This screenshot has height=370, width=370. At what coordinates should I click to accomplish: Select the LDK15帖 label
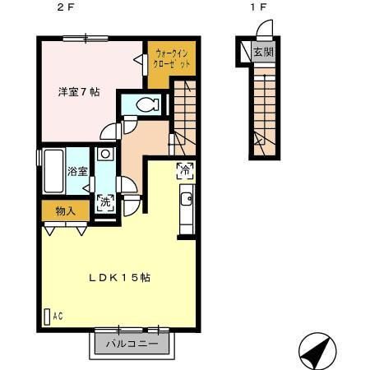(119, 277)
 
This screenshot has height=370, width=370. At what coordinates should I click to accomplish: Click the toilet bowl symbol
(146, 105)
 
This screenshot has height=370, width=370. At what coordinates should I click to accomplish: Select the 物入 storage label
(66, 211)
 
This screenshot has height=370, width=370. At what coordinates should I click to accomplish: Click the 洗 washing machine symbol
(104, 203)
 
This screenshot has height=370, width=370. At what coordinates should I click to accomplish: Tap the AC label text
(58, 315)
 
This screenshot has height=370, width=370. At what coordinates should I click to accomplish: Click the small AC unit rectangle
(46, 315)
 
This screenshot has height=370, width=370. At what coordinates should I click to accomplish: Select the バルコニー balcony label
(132, 344)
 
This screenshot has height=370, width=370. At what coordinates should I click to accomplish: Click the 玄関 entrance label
(263, 53)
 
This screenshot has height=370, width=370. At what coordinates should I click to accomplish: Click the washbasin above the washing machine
(104, 154)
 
